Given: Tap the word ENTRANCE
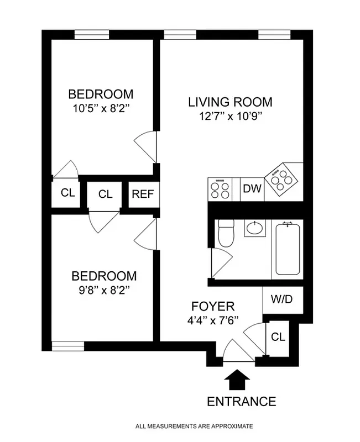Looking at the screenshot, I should (241, 401).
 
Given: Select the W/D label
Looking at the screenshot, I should (283, 300).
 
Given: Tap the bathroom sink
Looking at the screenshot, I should (255, 228).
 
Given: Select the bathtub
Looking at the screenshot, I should (288, 249).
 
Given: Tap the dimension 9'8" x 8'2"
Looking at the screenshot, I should (103, 289).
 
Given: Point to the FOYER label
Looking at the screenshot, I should (213, 306).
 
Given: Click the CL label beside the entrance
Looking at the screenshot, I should (278, 337).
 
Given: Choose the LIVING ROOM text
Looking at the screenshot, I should (230, 102).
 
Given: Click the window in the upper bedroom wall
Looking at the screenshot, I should (92, 34).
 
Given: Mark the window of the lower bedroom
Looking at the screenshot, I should (67, 346).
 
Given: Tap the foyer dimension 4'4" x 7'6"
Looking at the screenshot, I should (213, 320).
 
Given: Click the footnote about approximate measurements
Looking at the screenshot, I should (194, 426).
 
